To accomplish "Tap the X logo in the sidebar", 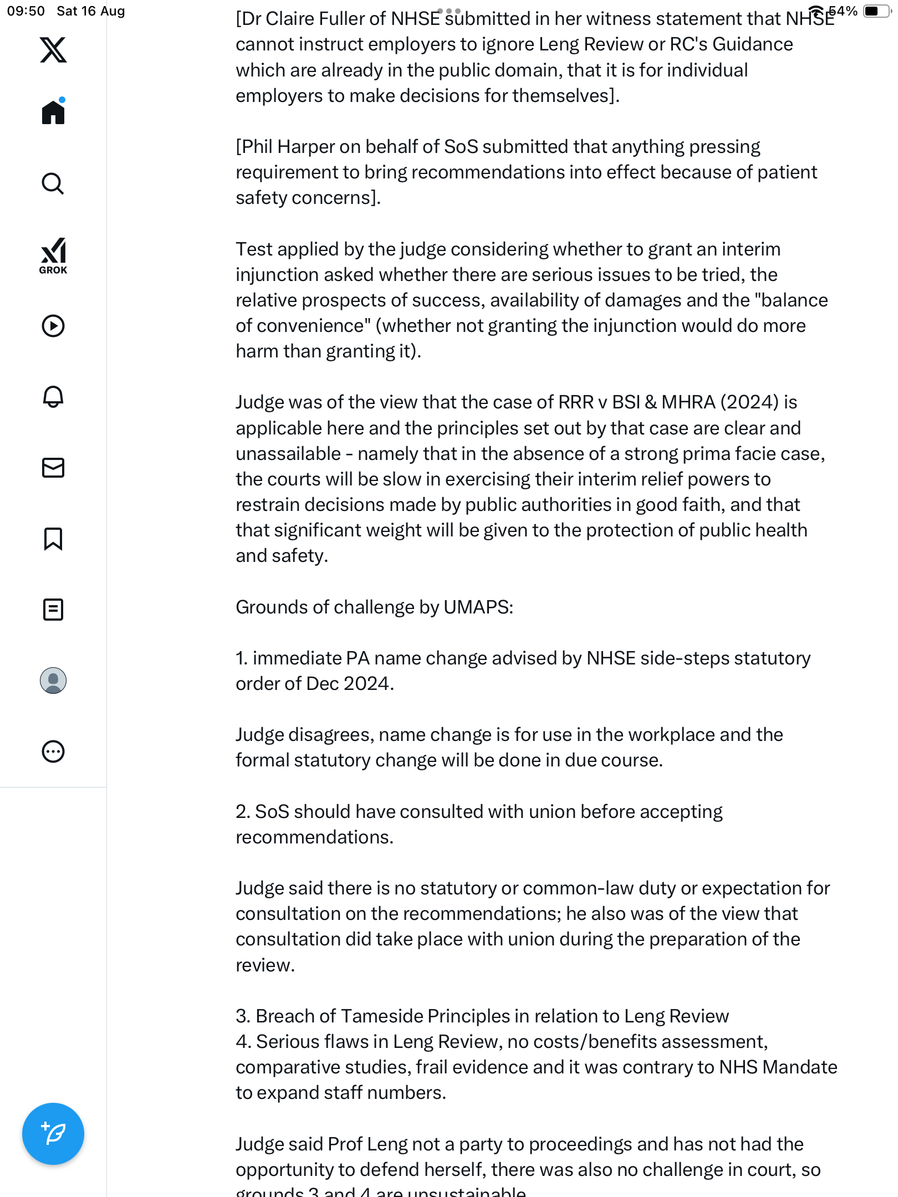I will click(x=53, y=50).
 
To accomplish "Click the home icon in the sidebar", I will click(x=53, y=112).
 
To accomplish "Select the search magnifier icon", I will click(x=53, y=183).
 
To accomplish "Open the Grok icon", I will click(x=53, y=255).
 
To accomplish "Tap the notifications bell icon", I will click(x=53, y=397).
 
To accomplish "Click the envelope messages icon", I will click(x=53, y=468).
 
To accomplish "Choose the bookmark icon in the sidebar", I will click(x=53, y=539).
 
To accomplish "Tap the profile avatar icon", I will click(x=53, y=681).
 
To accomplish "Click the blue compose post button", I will click(x=53, y=1134).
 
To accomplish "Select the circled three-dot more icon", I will click(x=53, y=751).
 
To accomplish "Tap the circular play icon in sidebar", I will click(x=53, y=326).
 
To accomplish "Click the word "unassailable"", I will click(x=288, y=454).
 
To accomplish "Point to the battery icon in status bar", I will click(x=876, y=11).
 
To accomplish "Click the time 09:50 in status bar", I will click(x=25, y=11).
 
